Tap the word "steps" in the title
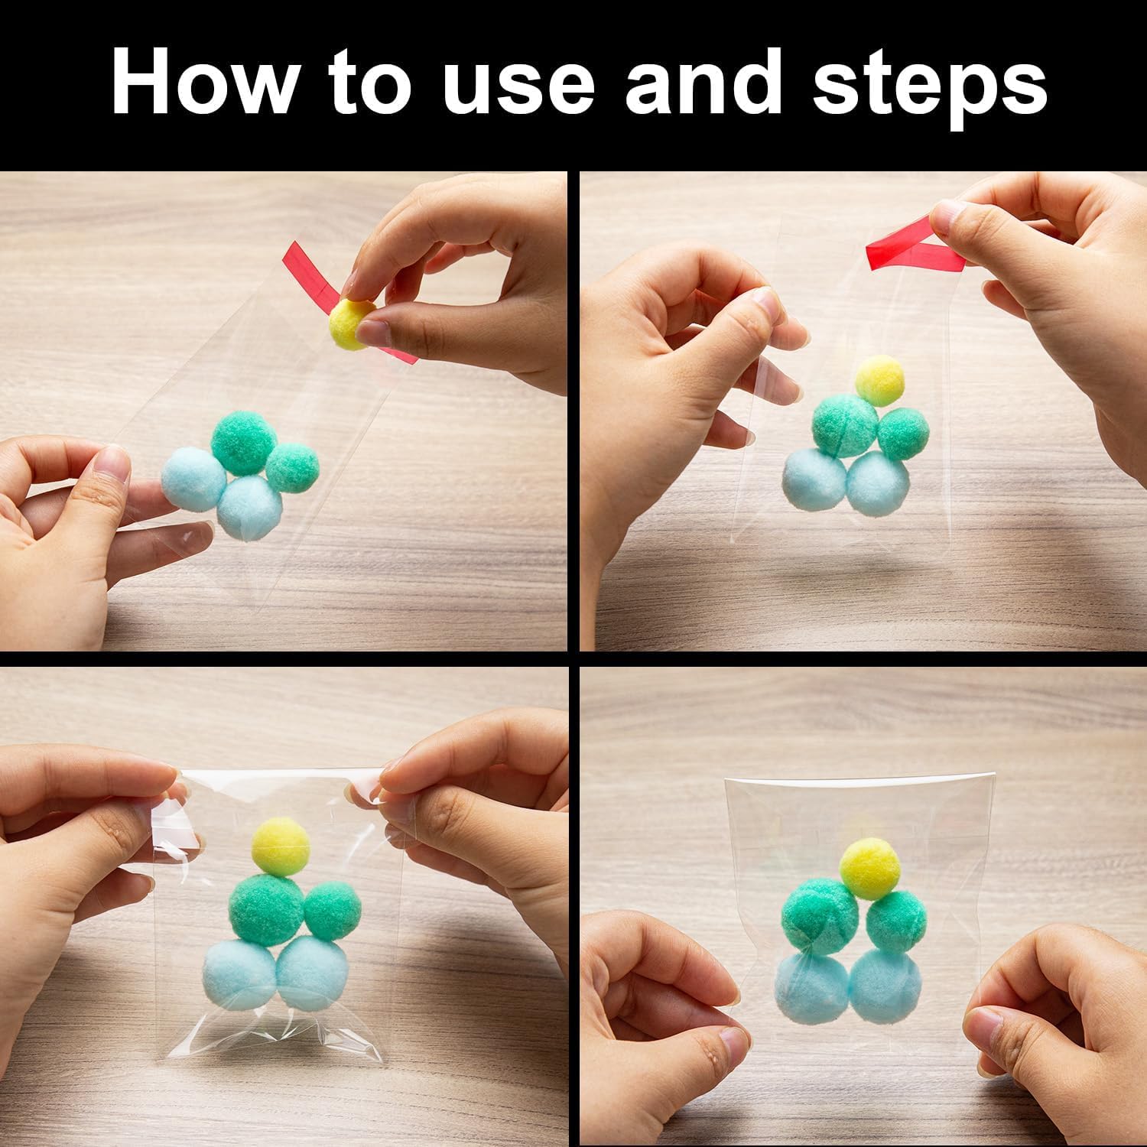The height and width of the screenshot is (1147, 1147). point(929,89)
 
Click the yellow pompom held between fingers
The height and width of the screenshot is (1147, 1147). point(353,322)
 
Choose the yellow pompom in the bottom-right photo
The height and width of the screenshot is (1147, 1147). point(870,867)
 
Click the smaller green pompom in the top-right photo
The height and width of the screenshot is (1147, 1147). point(903,434)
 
